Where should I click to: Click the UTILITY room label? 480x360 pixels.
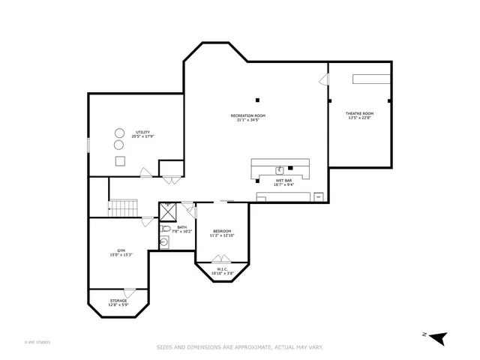click(142, 134)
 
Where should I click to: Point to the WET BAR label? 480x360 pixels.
click(284, 181)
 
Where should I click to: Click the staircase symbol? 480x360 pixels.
click(124, 207)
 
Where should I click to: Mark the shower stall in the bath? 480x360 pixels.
click(167, 212)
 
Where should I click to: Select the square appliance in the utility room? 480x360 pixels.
click(119, 161)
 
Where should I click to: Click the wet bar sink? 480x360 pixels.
click(280, 169)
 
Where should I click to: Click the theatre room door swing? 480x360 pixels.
click(324, 79)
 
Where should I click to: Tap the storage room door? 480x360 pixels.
click(129, 292)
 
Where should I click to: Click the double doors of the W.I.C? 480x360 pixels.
click(222, 259)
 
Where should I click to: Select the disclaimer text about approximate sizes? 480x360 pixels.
click(239, 347)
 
